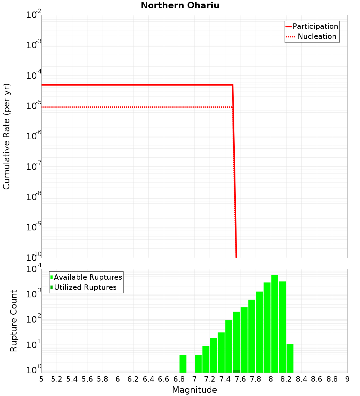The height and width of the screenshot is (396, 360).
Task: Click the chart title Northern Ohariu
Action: click(180, 5)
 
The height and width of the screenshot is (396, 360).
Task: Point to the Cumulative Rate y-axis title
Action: click(6, 136)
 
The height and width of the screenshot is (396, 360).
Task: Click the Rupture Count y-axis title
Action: click(14, 320)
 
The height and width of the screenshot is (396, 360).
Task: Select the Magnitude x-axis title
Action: click(194, 390)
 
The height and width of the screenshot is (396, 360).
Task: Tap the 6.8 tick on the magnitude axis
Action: click(179, 379)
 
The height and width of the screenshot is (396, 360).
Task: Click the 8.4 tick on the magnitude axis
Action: click(301, 379)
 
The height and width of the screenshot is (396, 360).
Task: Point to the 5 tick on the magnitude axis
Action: click(41, 379)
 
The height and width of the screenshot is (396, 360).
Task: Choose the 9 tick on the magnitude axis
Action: click(347, 379)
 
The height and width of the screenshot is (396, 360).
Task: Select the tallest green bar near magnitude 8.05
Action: click(275, 324)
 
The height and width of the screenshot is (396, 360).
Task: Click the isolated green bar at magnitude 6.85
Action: click(183, 364)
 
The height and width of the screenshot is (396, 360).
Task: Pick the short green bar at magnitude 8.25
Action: click(290, 358)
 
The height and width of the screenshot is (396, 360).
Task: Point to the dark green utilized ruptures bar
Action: click(237, 371)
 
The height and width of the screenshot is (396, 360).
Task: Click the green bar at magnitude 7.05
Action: click(198, 364)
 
